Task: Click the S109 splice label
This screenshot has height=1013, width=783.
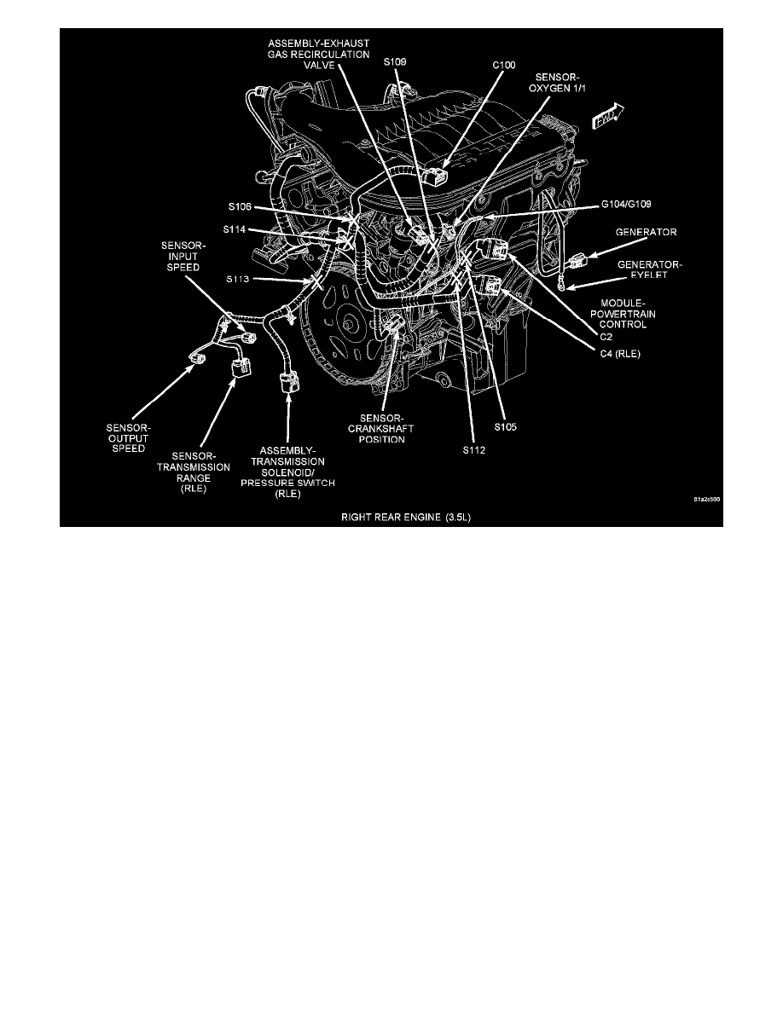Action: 395,61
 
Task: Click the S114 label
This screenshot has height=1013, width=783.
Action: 236,229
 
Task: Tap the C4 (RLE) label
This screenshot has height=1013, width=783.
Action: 621,351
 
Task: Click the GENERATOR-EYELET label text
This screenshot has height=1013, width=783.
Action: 653,270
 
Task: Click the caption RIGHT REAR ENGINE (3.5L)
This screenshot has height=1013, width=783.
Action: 391,516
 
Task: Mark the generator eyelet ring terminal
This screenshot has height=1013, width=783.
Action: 561,286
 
